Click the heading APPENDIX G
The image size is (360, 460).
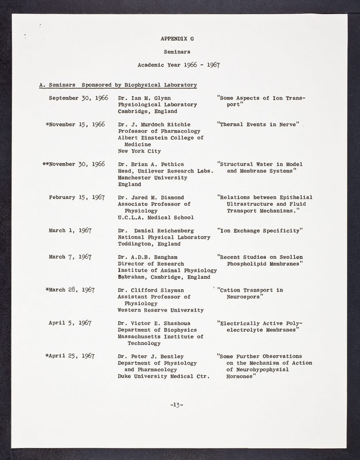coord(178,39)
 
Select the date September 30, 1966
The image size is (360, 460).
coord(78,98)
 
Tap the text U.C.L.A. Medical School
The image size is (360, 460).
coord(155,217)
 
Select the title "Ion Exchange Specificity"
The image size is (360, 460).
coord(260,230)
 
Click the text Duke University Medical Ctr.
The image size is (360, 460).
coord(163,377)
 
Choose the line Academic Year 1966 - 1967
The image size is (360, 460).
coord(178,65)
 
